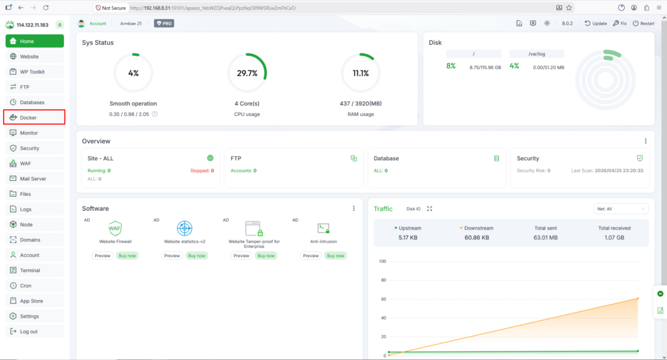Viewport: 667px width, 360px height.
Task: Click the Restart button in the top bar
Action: pos(643,23)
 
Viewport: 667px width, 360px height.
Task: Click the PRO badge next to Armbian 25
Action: pos(163,23)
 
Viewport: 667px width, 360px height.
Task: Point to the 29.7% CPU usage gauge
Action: pos(247,73)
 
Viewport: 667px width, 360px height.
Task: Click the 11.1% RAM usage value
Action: pos(361,73)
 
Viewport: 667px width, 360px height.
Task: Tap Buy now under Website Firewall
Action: pos(127,255)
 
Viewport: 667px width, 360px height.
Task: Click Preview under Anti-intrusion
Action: pos(311,255)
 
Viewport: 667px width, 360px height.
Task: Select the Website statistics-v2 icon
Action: pos(184,228)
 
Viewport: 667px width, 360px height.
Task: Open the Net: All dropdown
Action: pos(621,209)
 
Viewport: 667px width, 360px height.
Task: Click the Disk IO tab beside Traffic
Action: pos(413,209)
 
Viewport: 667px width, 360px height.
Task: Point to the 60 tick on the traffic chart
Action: pos(383,299)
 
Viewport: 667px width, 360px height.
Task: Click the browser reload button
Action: pos(46,8)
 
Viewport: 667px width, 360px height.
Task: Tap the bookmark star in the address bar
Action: pos(569,8)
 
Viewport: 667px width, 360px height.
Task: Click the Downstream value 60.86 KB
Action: pos(476,238)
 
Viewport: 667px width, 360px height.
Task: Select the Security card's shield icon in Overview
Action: pos(640,158)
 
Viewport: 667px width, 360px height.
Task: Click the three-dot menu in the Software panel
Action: pos(354,208)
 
